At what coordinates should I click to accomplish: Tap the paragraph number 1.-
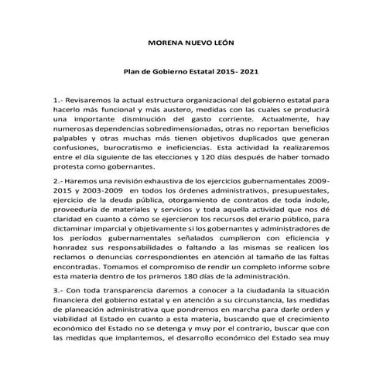[x=59, y=101]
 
